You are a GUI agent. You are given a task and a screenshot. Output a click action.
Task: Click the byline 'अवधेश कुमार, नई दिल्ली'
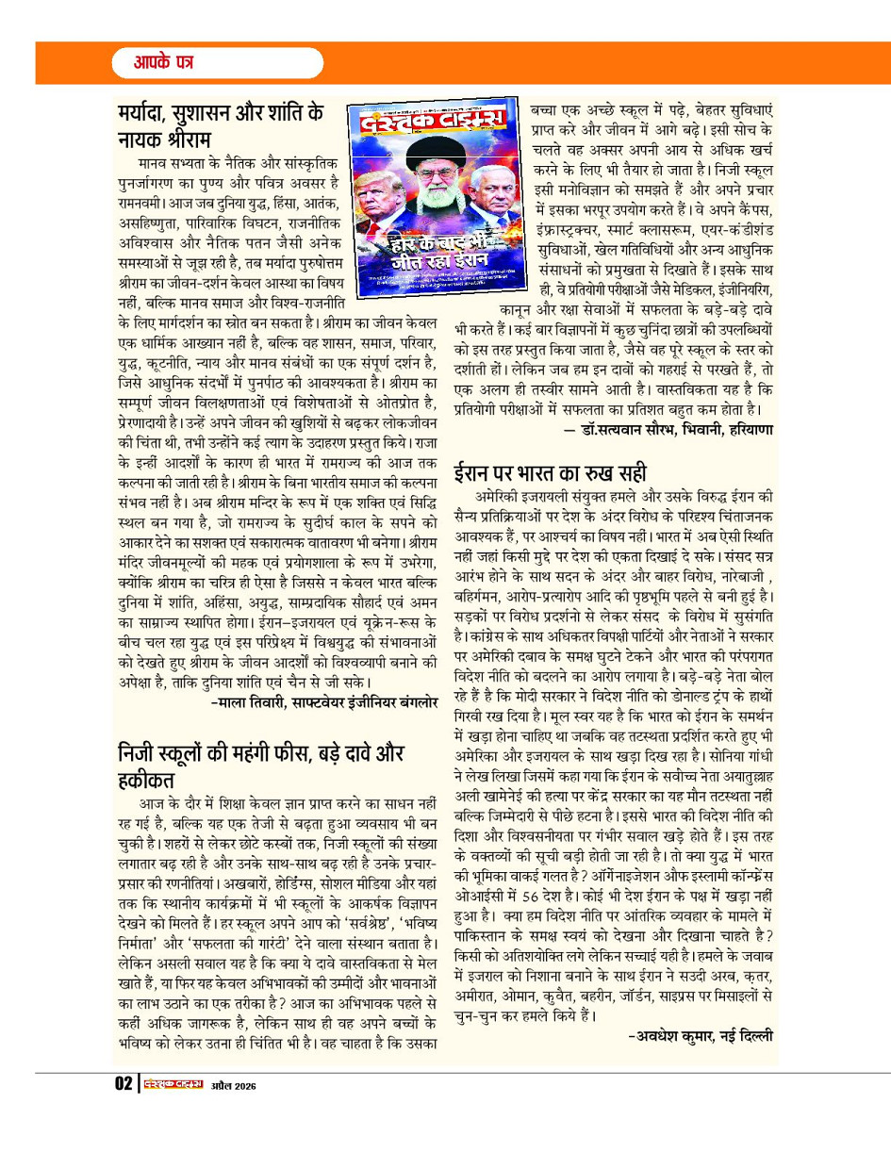tap(699, 1041)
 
